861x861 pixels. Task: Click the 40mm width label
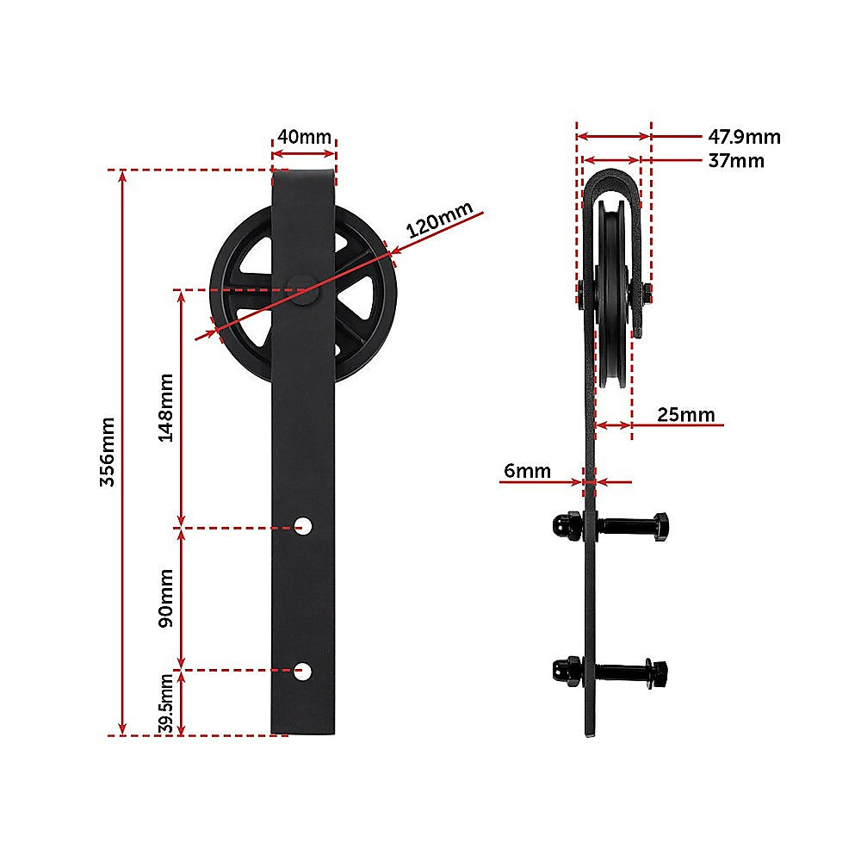tap(303, 136)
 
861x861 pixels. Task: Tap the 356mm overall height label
tap(107, 452)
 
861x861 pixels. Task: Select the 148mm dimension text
tap(166, 406)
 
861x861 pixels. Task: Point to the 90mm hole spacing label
tap(166, 598)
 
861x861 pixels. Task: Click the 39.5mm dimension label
tap(166, 703)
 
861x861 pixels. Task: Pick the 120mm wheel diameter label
tap(439, 221)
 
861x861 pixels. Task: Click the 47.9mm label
tap(744, 136)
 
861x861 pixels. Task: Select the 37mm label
tap(736, 160)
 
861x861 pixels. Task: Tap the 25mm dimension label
tap(686, 415)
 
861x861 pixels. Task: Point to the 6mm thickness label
tap(527, 470)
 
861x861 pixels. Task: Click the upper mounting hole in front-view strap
tap(303, 524)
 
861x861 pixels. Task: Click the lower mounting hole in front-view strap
tap(303, 669)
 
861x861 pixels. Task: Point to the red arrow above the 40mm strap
tap(303, 154)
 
